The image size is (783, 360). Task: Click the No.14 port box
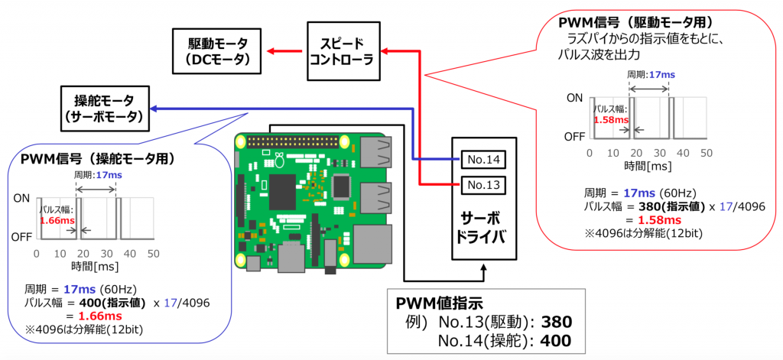coord(483,159)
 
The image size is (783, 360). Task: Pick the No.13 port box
coord(483,184)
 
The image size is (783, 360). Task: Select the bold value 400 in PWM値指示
coord(556,341)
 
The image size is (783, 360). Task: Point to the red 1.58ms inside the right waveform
coord(610,119)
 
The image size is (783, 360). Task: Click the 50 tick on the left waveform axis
coord(153,252)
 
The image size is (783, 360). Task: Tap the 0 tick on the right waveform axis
coord(592,153)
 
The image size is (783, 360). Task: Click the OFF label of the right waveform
coord(573,138)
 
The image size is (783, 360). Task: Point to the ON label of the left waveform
coord(22,198)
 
